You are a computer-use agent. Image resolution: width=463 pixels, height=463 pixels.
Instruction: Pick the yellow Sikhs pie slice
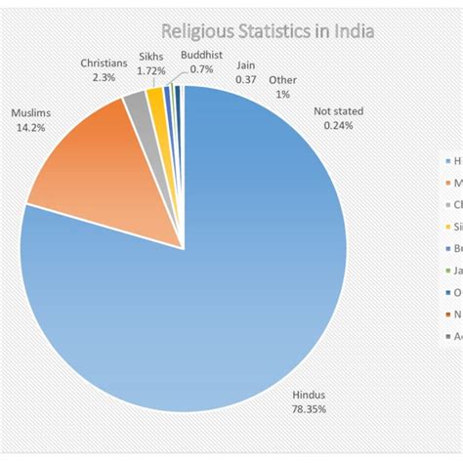[x=154, y=96]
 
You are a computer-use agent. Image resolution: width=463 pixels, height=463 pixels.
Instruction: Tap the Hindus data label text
[x=308, y=396]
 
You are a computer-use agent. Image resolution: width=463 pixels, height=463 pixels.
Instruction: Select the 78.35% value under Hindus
[x=308, y=408]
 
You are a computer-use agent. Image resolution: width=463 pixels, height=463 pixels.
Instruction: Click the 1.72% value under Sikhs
[x=150, y=71]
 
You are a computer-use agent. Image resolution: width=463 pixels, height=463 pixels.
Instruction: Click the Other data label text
[x=283, y=80]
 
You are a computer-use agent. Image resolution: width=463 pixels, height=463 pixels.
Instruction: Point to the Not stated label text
[x=338, y=111]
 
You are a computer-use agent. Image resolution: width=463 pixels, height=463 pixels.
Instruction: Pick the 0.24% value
[x=338, y=125]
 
